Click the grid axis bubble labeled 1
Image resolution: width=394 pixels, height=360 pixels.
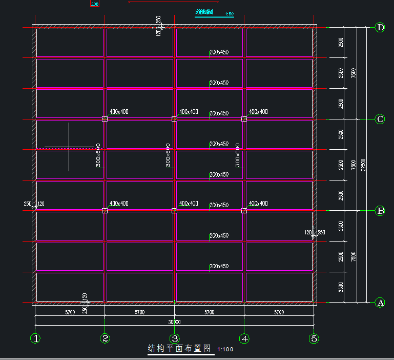pos(35,338)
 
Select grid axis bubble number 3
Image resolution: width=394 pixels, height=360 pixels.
pos(175,338)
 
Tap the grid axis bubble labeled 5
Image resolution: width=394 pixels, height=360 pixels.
pos(314,338)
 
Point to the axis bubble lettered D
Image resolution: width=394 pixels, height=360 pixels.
pos(380,28)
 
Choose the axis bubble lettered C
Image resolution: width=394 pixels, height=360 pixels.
pos(380,119)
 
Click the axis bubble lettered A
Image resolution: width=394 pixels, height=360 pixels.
pos(380,303)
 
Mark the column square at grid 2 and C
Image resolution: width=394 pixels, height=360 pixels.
pos(105,119)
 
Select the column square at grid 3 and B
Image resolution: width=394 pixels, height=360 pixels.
pos(175,211)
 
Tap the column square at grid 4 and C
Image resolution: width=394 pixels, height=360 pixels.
pos(244,119)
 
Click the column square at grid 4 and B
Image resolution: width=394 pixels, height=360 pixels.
pos(244,211)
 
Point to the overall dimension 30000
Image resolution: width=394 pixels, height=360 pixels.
pos(175,322)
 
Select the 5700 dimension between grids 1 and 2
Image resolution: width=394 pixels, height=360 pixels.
pos(70,312)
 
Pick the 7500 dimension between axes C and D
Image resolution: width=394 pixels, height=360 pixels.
pos(353,73)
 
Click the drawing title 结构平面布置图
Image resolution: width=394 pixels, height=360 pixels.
pos(179,349)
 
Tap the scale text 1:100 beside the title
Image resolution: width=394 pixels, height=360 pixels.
pos(225,350)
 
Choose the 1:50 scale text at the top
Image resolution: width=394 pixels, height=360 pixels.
pos(229,14)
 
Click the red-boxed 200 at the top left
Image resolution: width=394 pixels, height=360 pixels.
pos(94,4)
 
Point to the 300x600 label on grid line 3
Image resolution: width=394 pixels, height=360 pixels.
pos(168,155)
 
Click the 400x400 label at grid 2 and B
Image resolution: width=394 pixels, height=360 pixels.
pos(119,204)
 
